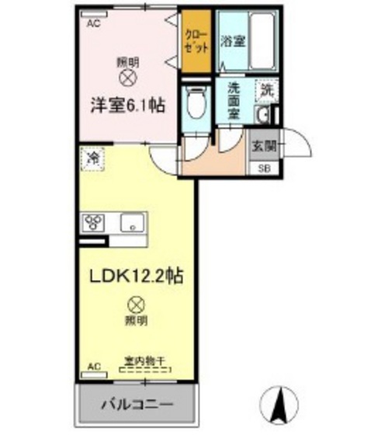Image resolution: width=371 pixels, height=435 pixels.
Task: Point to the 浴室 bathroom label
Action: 233,40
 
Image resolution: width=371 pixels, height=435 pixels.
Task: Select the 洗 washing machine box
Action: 267,89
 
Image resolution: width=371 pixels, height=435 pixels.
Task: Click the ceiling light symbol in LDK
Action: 136,304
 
